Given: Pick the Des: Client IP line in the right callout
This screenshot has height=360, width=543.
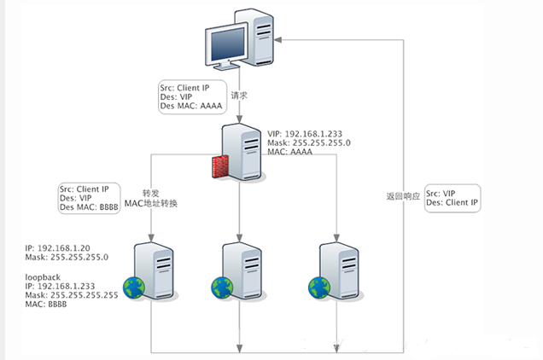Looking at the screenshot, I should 453,206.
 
